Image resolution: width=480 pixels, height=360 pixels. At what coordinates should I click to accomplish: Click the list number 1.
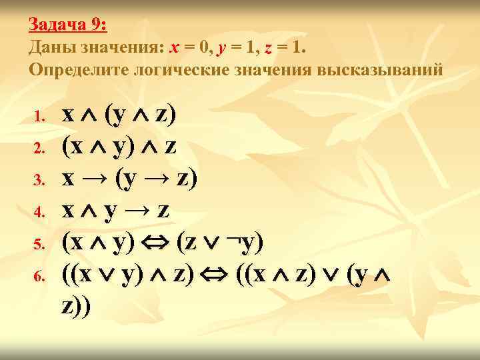pos(39,117)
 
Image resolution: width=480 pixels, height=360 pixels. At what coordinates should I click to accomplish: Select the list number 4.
pos(39,213)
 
